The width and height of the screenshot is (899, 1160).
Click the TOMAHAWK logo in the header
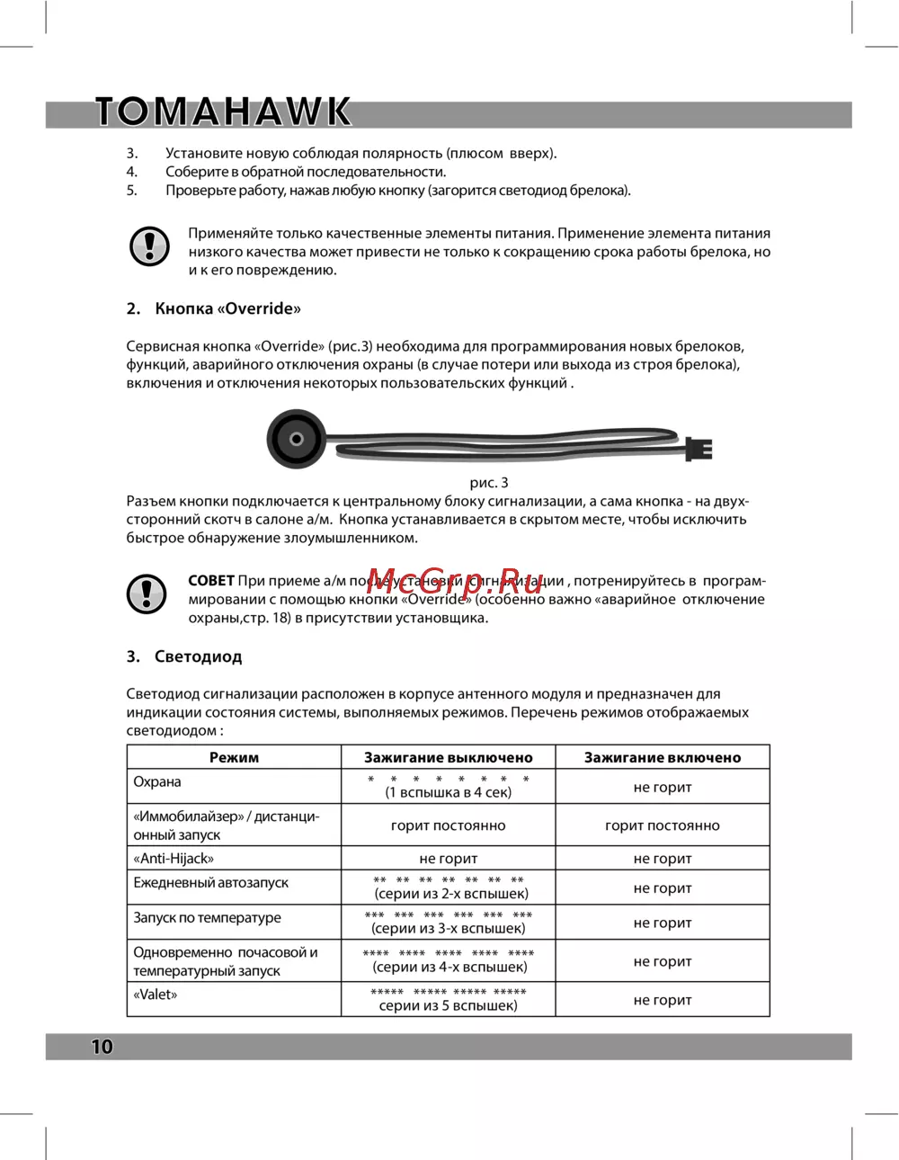[x=223, y=112]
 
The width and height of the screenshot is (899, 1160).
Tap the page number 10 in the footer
[x=102, y=1046]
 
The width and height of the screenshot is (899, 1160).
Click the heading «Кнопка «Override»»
[x=227, y=308]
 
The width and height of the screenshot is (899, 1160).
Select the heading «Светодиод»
[x=198, y=656]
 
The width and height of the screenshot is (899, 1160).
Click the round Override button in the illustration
[x=296, y=439]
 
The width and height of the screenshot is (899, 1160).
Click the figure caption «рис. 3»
[x=489, y=483]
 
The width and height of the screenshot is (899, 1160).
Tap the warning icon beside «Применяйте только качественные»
[x=149, y=245]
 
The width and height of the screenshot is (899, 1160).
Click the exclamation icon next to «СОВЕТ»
[x=147, y=593]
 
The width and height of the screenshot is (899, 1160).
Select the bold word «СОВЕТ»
[x=210, y=581]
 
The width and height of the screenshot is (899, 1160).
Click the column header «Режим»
[x=234, y=757]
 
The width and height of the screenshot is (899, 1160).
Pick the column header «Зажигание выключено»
[x=448, y=757]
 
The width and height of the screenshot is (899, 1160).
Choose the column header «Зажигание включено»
[x=663, y=757]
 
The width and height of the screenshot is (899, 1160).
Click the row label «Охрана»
[x=157, y=781]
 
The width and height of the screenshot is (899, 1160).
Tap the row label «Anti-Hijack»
[x=174, y=858]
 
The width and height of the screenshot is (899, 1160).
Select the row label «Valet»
[x=156, y=994]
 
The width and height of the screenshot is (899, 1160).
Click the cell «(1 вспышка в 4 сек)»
[x=448, y=792]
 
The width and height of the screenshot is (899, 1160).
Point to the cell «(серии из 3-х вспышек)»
[x=448, y=928]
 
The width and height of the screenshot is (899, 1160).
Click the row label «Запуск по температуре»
[x=207, y=917]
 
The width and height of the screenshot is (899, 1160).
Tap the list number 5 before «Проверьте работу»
[x=131, y=190]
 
